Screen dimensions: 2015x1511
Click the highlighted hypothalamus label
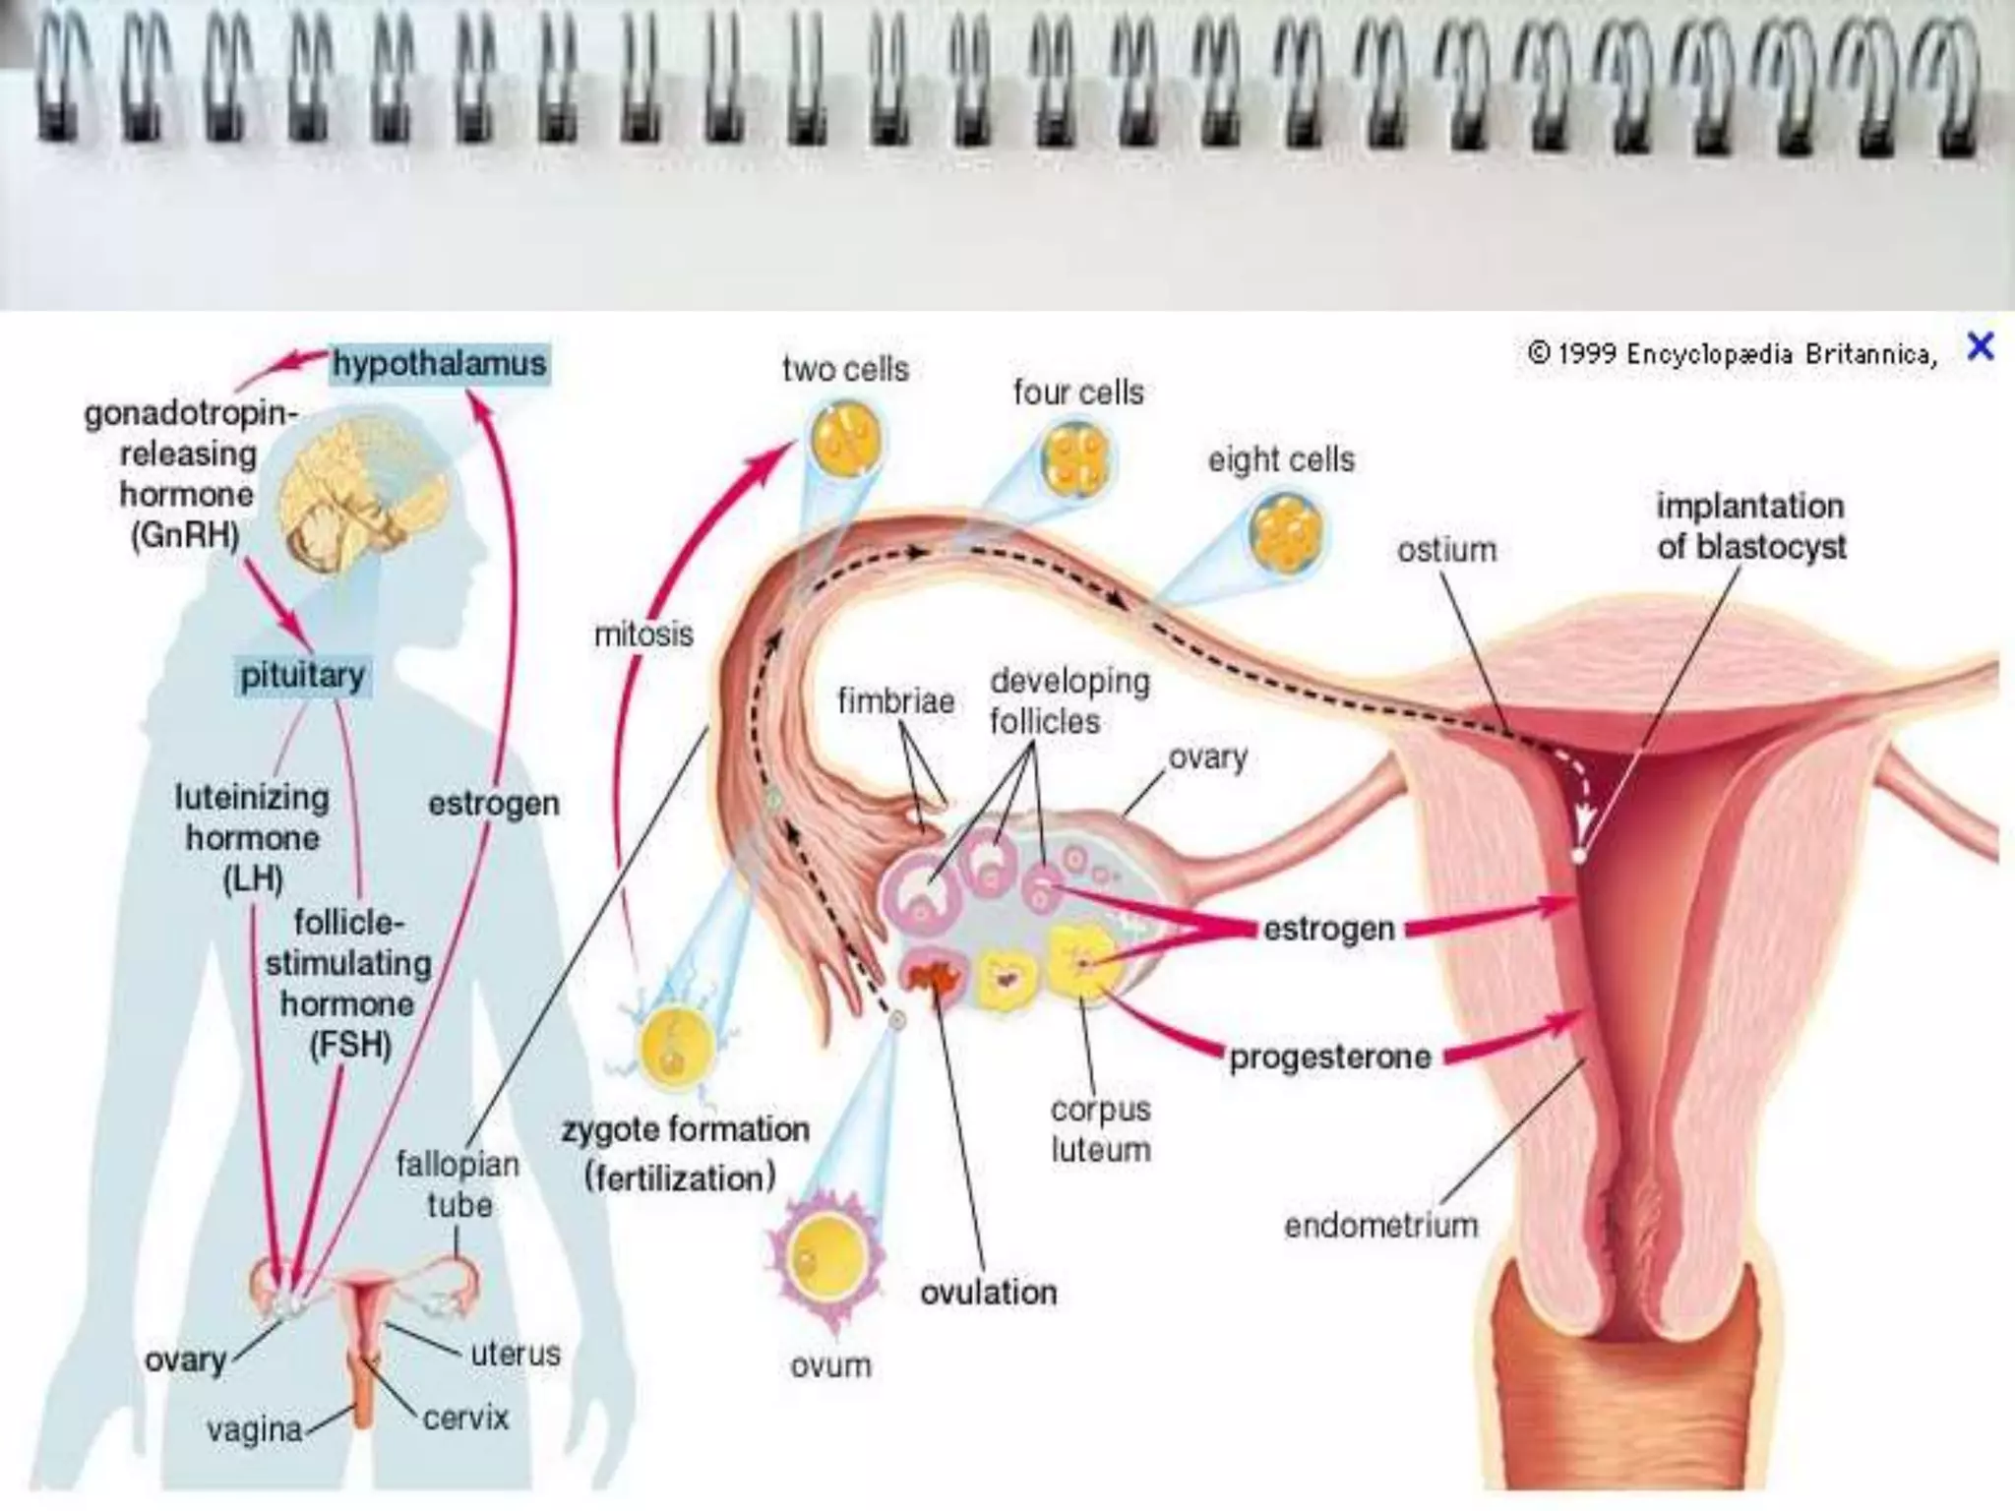pyautogui.click(x=439, y=363)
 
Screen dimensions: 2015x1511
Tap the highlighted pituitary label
pyautogui.click(x=302, y=676)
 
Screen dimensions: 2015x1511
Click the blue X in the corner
pyautogui.click(x=1980, y=346)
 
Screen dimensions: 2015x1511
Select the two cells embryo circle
pyautogui.click(x=846, y=438)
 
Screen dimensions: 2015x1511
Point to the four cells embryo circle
pyautogui.click(x=1076, y=458)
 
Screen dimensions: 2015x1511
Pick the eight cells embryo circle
pyautogui.click(x=1285, y=532)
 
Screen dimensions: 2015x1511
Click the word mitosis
pyautogui.click(x=643, y=635)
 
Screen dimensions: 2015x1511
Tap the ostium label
pyautogui.click(x=1446, y=550)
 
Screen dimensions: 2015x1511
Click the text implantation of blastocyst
pyautogui.click(x=1750, y=526)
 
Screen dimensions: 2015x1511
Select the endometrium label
pyautogui.click(x=1380, y=1226)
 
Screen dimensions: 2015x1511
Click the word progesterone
pyautogui.click(x=1330, y=1058)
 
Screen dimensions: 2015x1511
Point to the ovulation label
pyautogui.click(x=988, y=1293)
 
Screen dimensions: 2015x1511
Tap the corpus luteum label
pyautogui.click(x=1100, y=1129)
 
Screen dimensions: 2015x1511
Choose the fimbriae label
pyautogui.click(x=895, y=701)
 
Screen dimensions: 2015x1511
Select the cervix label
pyautogui.click(x=465, y=1418)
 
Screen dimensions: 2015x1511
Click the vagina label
pyautogui.click(x=255, y=1429)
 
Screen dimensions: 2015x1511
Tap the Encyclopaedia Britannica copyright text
pyautogui.click(x=1732, y=353)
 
